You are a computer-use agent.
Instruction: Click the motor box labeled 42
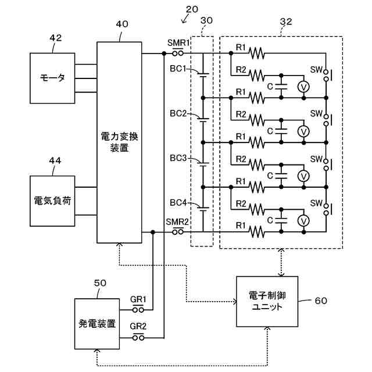coord(52,78)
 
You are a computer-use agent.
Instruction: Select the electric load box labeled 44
coord(52,201)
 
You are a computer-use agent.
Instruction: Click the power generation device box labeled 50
coord(96,323)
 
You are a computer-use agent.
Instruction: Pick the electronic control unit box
coord(267,301)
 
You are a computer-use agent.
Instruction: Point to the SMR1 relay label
coord(178,43)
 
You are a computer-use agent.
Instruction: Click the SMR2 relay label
coord(177,222)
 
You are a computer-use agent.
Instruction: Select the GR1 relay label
coord(138,300)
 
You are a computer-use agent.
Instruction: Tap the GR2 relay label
coord(138,326)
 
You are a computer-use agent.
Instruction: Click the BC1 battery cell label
coord(178,69)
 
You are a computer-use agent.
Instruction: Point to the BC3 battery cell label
coord(178,158)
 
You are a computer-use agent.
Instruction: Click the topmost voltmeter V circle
coord(302,86)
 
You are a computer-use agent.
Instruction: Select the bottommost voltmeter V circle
coord(302,220)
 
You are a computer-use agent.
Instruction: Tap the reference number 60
coord(321,301)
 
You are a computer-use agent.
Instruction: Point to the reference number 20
coord(192,9)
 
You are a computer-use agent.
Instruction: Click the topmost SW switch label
coord(316,69)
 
